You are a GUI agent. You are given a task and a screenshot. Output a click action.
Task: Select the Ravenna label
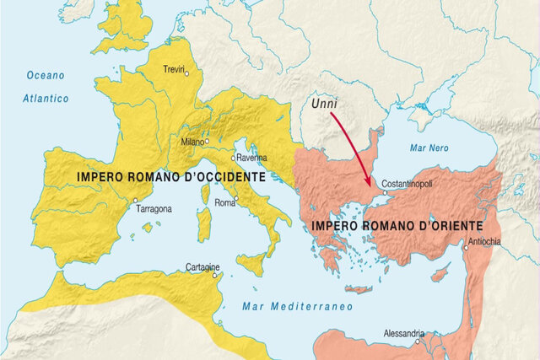(x=251, y=158)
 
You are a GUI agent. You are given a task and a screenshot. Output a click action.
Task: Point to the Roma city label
(x=224, y=203)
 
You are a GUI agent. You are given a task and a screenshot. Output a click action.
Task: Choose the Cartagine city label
(x=203, y=268)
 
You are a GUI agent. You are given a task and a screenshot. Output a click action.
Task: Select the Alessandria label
(x=403, y=335)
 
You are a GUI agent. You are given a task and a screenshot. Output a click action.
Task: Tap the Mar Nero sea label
(x=428, y=146)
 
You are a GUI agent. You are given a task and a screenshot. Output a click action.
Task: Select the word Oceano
(x=45, y=75)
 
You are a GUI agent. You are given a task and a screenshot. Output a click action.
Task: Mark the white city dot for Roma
(x=237, y=199)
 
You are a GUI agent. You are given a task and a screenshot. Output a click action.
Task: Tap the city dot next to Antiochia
(x=465, y=247)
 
